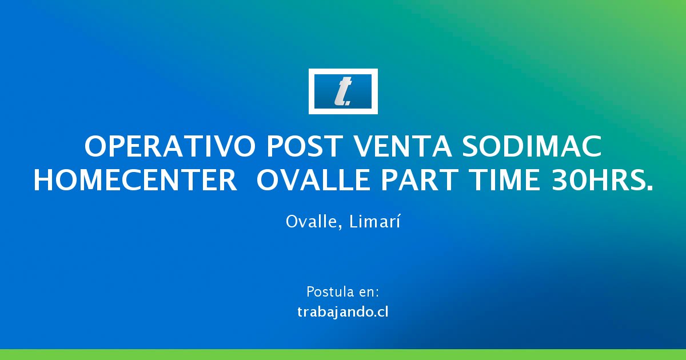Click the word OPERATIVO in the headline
(x=170, y=147)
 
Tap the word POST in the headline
(x=304, y=147)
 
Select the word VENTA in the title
(x=402, y=147)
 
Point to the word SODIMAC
(x=532, y=147)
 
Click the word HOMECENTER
(x=135, y=180)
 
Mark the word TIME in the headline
(x=505, y=180)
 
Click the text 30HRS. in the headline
(x=602, y=180)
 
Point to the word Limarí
(x=374, y=221)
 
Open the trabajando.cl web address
(x=343, y=312)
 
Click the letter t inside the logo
(x=342, y=91)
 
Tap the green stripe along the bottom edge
(x=343, y=354)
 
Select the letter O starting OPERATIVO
(x=95, y=147)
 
